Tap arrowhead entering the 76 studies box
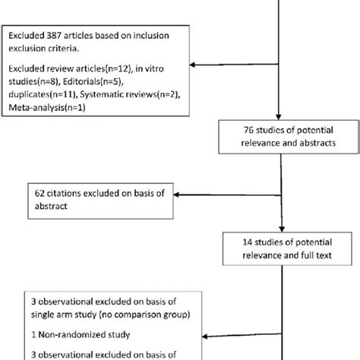(282, 120)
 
